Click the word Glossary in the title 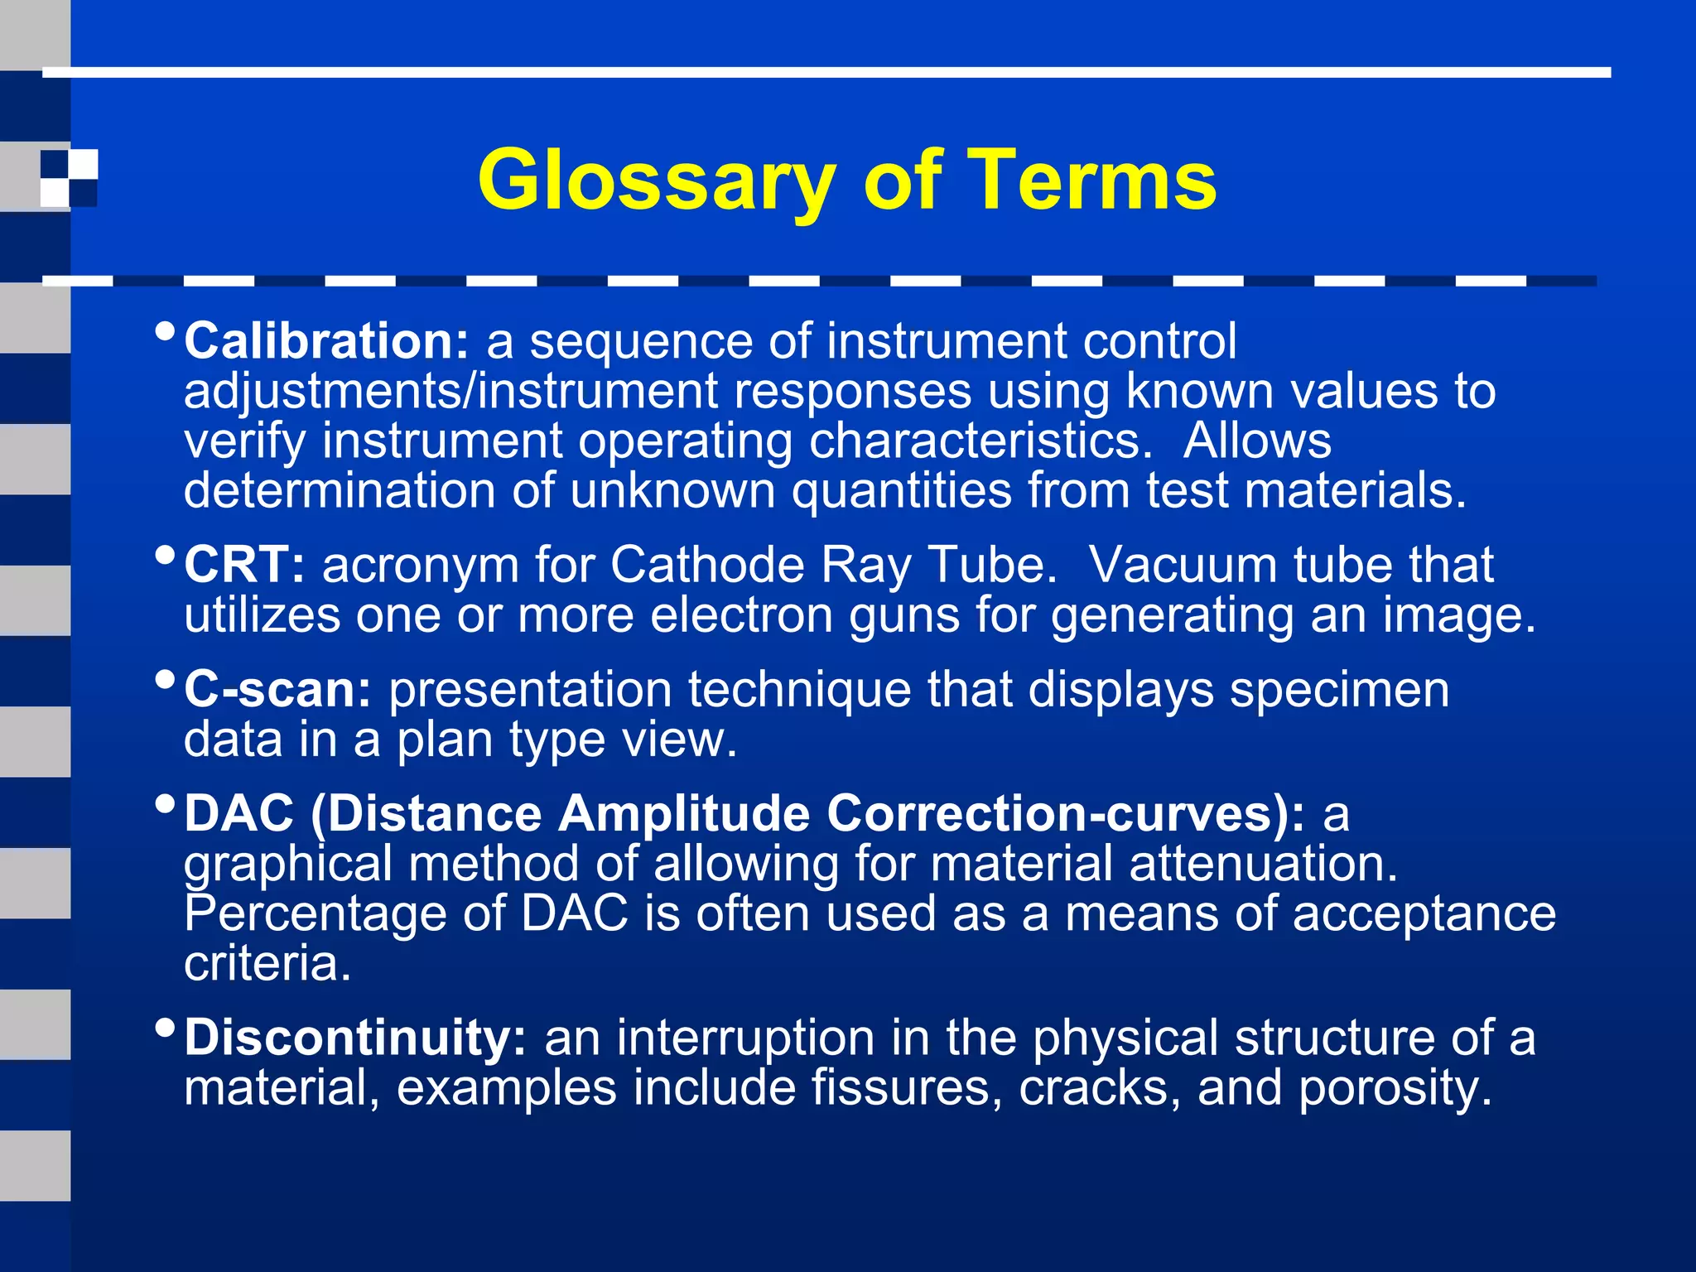(657, 181)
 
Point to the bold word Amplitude (683, 813)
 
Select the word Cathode (707, 566)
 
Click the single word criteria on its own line (267, 963)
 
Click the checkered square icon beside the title (69, 178)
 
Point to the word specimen (1339, 690)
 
